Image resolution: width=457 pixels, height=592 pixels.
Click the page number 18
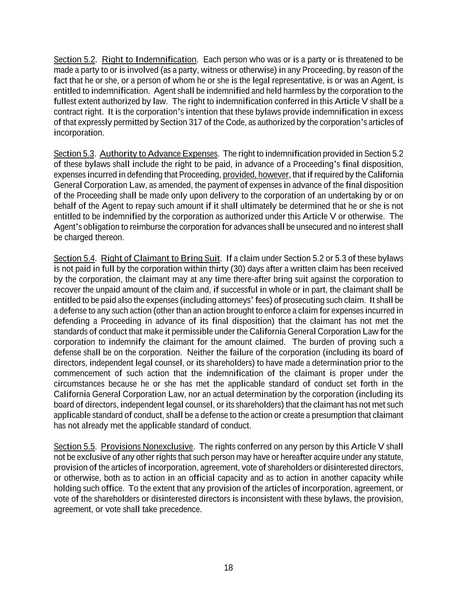(228, 568)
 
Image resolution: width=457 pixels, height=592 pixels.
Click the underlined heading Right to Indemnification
(149, 59)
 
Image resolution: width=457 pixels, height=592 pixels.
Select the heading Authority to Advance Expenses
(159, 154)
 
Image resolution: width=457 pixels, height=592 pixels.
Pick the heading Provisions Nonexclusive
(147, 447)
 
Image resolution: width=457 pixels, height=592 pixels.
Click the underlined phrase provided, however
(256, 175)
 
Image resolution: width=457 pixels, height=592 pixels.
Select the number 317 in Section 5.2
(196, 122)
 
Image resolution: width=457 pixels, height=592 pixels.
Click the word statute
(390, 457)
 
